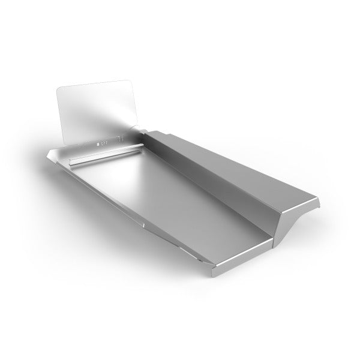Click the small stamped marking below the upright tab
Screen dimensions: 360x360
103,143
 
